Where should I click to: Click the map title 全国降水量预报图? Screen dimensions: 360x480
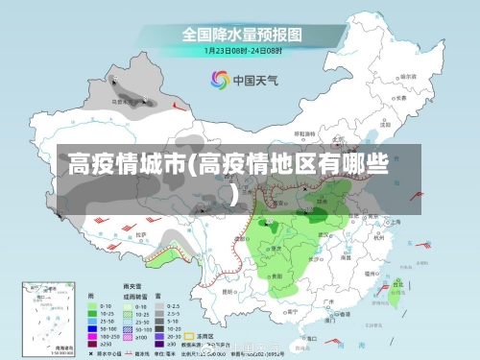point(241,34)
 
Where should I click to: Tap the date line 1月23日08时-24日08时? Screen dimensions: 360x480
point(241,49)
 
